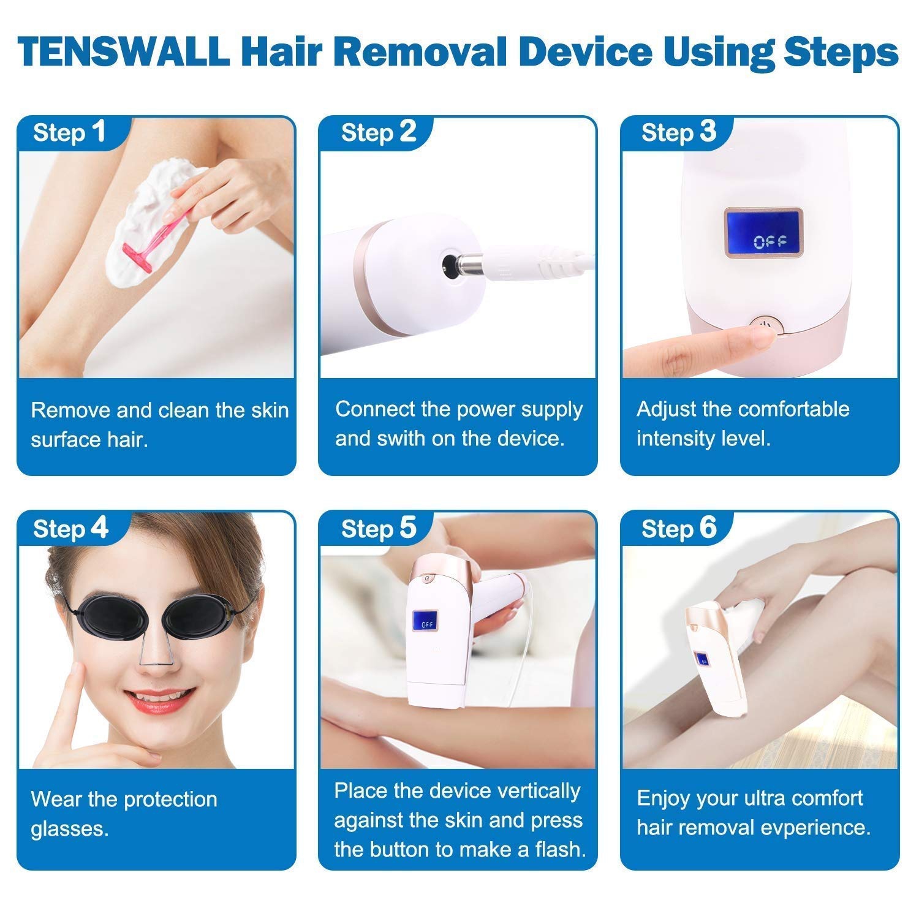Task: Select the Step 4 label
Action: [70, 528]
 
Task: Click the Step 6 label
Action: [678, 528]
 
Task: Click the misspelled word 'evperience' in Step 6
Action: [820, 828]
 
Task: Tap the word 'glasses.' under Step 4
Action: [70, 830]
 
